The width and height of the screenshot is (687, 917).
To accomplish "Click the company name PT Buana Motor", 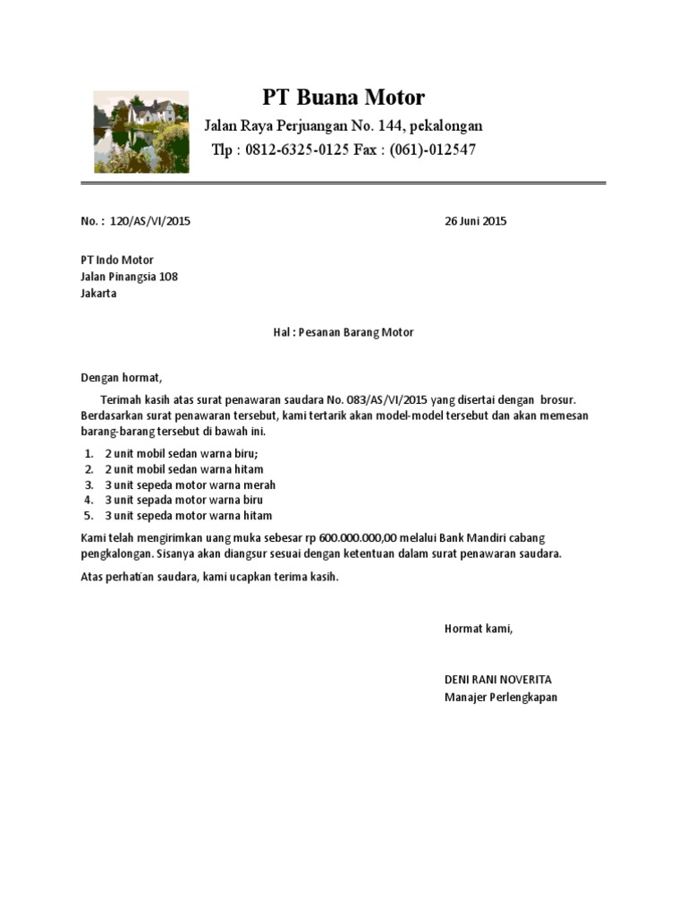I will pos(343,97).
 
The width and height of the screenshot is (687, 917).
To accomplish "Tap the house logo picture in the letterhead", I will pos(141,131).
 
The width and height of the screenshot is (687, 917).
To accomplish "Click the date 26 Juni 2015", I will pos(475,220).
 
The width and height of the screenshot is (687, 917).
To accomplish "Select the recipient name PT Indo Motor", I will pos(117,261).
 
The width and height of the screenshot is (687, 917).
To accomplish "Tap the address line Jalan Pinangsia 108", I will pos(129,277).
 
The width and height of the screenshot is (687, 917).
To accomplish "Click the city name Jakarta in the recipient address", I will pos(98,293).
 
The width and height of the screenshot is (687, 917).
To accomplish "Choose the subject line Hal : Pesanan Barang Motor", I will pos(343,332).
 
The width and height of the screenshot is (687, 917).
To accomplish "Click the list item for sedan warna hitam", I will pos(184,469).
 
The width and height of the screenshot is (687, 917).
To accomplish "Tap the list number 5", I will pos(89,516).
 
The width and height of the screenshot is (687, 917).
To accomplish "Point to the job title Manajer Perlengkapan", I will pos(501,697).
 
